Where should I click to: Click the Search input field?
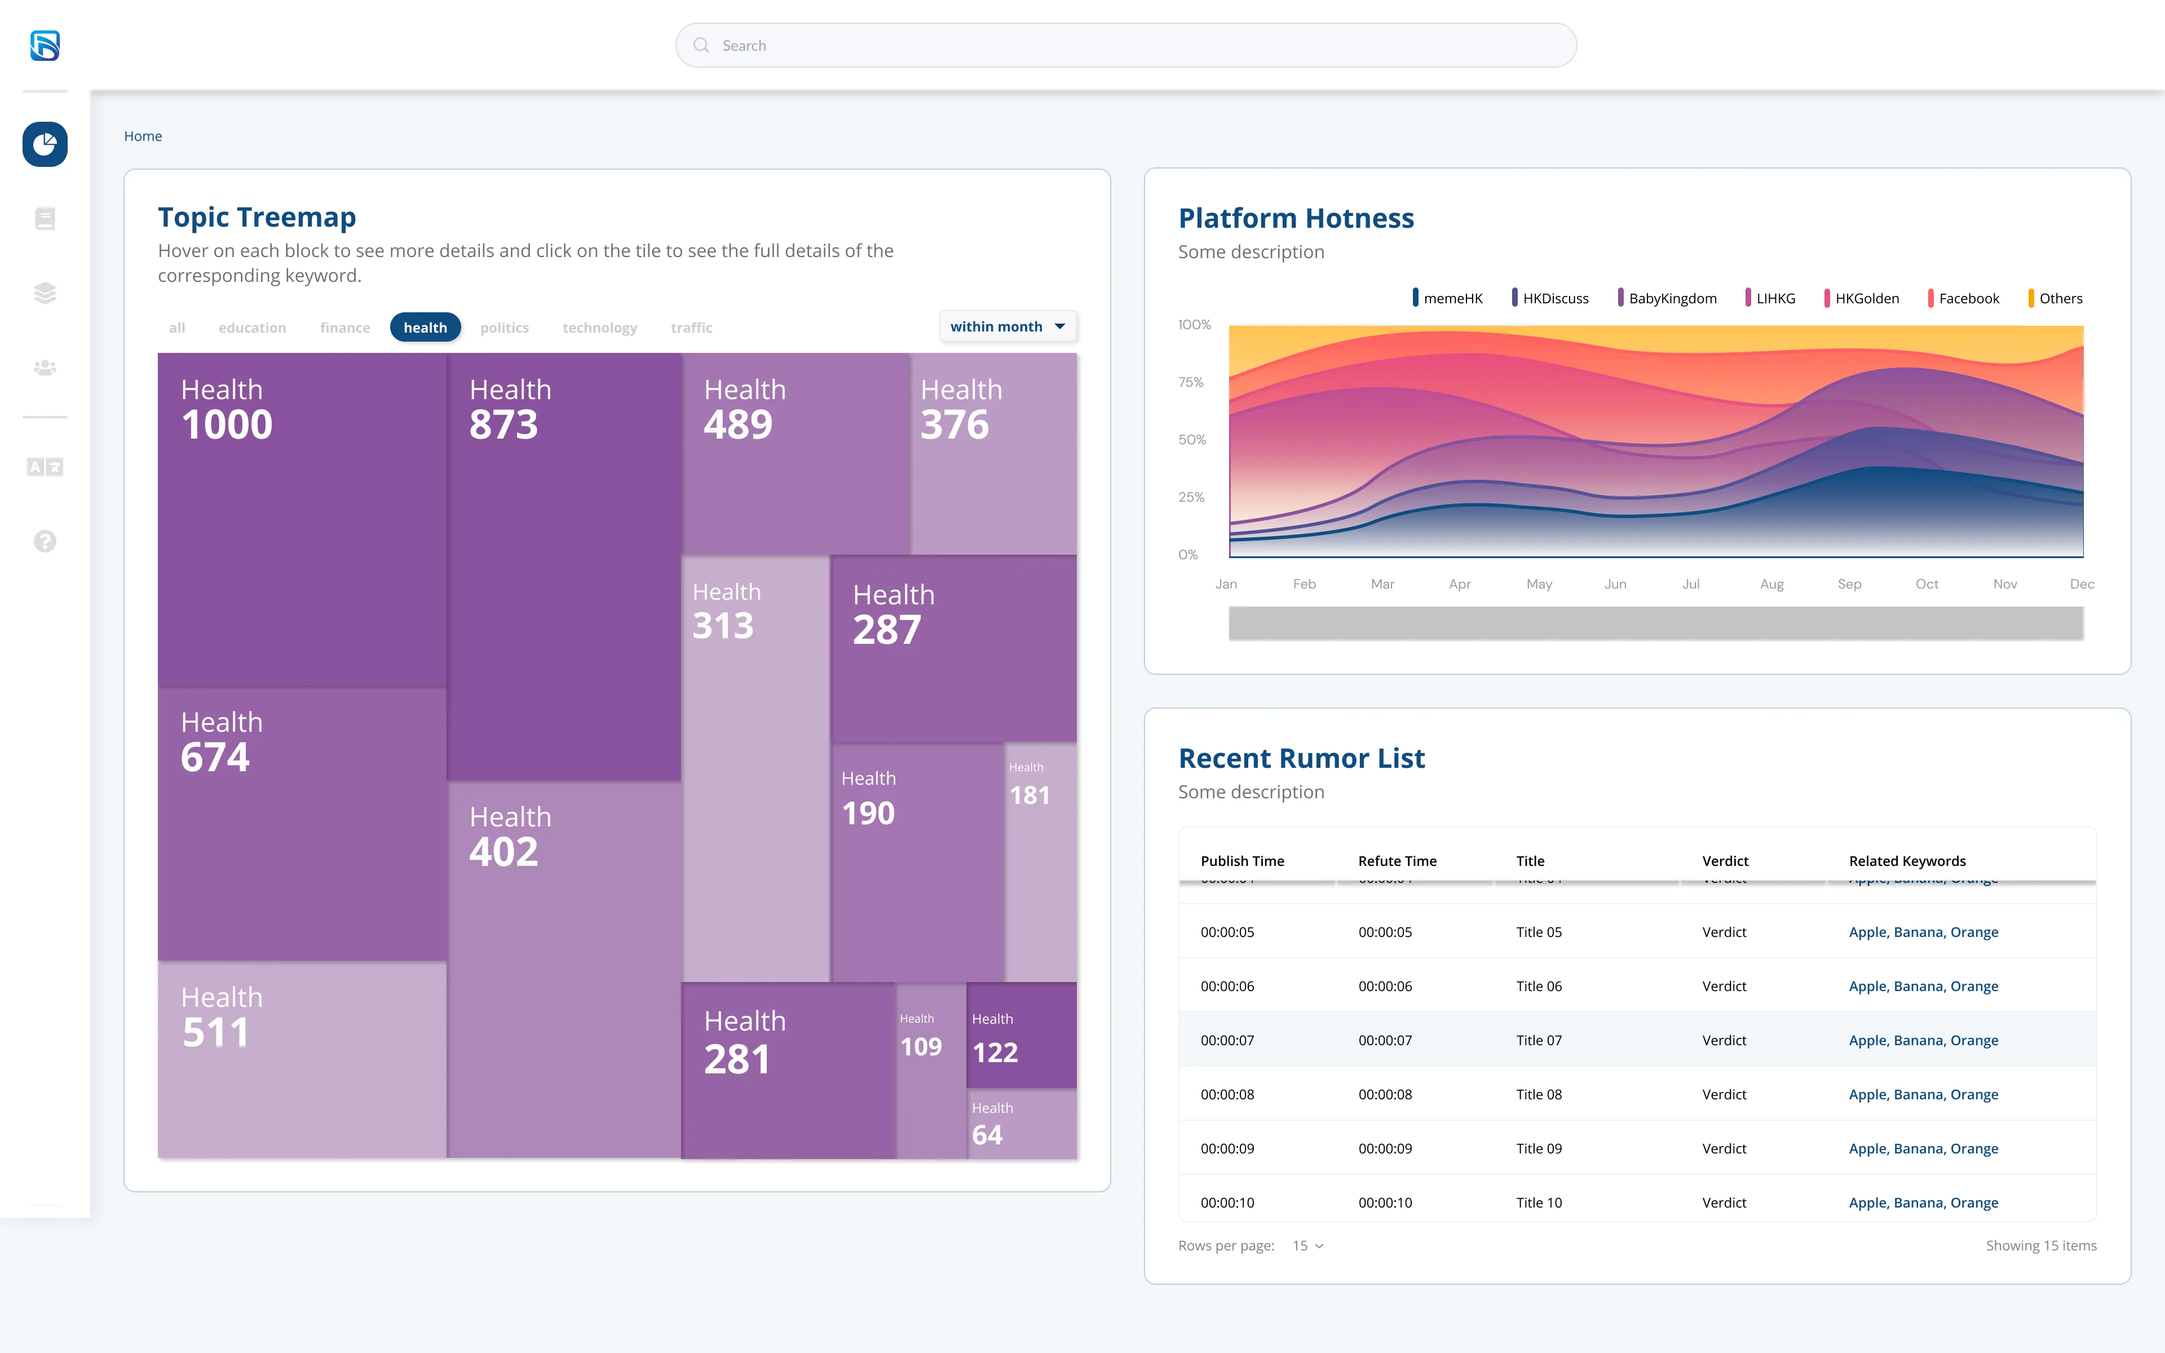click(x=1125, y=46)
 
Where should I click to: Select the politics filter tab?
click(x=505, y=328)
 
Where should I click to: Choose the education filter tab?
click(x=252, y=328)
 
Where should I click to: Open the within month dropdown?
click(x=1008, y=326)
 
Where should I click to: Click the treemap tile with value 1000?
click(x=302, y=520)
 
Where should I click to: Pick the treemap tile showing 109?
click(x=931, y=1070)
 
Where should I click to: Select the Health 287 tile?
click(x=954, y=649)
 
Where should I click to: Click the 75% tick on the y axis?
click(x=1191, y=382)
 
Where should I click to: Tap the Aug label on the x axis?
click(x=1771, y=583)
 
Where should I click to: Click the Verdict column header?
click(x=1725, y=861)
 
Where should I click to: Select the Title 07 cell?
click(x=1539, y=1040)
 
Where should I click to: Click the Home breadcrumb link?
click(x=143, y=136)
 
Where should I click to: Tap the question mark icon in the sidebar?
click(x=45, y=541)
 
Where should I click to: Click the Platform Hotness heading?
click(x=1296, y=218)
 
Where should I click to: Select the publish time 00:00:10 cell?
click(x=1227, y=1202)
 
